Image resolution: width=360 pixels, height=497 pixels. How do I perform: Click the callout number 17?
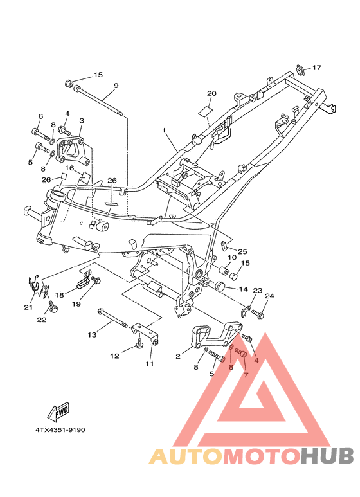(316, 68)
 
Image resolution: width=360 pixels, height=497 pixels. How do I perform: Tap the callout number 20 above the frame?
(212, 93)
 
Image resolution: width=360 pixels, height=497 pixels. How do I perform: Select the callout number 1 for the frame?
(164, 131)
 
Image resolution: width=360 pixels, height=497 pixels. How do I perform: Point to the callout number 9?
(116, 86)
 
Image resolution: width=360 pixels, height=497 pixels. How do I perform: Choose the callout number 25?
(242, 251)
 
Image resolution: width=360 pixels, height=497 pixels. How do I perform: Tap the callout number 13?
(92, 334)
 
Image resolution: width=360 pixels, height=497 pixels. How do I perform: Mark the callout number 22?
(42, 320)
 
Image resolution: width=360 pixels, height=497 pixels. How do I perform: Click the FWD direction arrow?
(58, 412)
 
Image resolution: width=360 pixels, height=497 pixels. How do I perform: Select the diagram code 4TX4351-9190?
(60, 430)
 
